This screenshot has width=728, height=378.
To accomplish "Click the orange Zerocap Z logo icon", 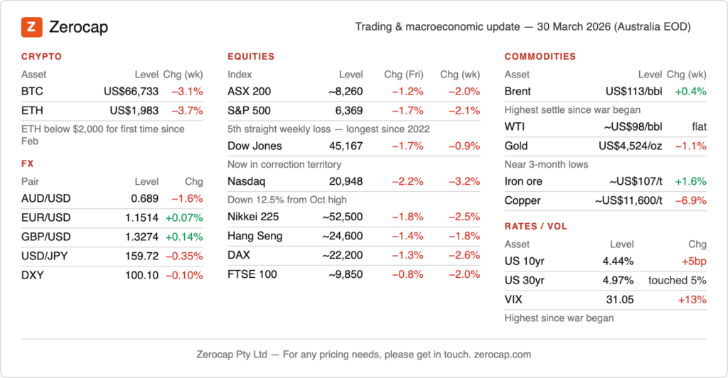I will click(x=31, y=28).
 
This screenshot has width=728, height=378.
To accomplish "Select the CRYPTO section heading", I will click(x=41, y=56).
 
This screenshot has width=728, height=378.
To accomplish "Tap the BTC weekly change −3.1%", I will click(x=187, y=91).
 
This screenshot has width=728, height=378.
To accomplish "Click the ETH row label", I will click(x=31, y=110).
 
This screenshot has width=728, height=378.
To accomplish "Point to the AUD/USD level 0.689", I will click(x=146, y=198).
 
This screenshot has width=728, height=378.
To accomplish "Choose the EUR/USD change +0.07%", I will click(x=184, y=217).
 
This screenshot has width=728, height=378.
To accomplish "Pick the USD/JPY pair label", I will click(x=45, y=255).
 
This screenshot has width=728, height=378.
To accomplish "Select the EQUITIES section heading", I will click(x=250, y=56).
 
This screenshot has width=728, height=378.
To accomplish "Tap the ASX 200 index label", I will click(x=249, y=91).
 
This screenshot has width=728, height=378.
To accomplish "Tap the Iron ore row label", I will click(x=523, y=181).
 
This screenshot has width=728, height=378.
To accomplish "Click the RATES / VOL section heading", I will click(x=536, y=227).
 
